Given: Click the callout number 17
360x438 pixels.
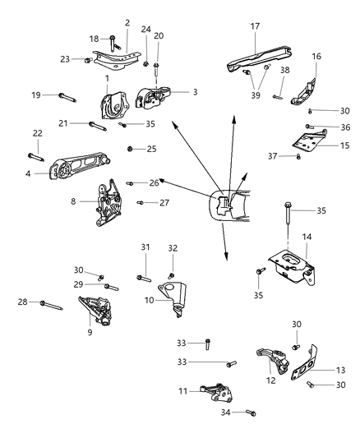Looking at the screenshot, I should (x=254, y=25).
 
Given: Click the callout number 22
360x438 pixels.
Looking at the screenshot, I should (x=37, y=133).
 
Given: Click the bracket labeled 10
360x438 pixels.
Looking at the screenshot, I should (x=176, y=295).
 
